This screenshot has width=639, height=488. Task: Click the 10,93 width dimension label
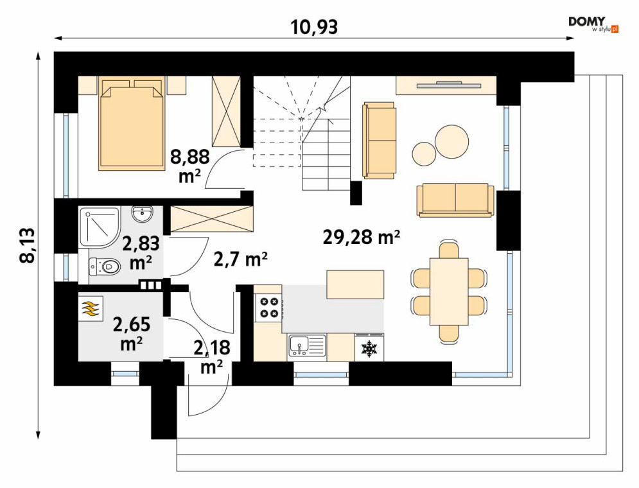pyautogui.click(x=314, y=27)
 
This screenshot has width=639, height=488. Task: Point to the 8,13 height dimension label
pyautogui.click(x=28, y=246)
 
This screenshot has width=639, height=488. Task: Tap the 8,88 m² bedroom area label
pyautogui.click(x=190, y=166)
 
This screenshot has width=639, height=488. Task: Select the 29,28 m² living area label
pyautogui.click(x=361, y=237)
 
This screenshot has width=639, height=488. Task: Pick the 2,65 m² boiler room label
pyautogui.click(x=131, y=334)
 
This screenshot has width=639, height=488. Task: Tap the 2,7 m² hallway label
pyautogui.click(x=240, y=259)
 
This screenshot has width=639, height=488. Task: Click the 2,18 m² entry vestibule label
pyautogui.click(x=212, y=357)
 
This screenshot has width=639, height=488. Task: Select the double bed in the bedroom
pyautogui.click(x=130, y=124)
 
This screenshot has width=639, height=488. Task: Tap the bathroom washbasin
pyautogui.click(x=142, y=214)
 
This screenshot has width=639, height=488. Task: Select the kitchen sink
pyautogui.click(x=307, y=345)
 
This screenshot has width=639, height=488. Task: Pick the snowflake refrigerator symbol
pyautogui.click(x=370, y=348)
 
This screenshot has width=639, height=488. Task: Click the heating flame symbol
pyautogui.click(x=91, y=309)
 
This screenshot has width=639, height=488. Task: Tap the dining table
pyautogui.click(x=449, y=292)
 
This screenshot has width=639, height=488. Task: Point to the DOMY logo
pyautogui.click(x=593, y=24)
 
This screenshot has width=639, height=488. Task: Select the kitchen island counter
pyautogui.click(x=355, y=284)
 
